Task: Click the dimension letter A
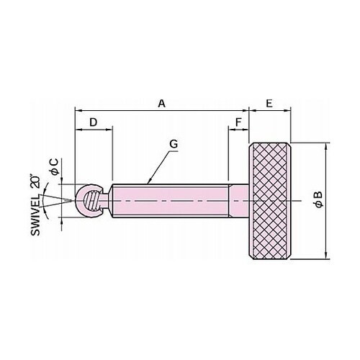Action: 162,104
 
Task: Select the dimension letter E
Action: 269,104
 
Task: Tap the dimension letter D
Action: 93,122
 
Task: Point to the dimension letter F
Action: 238,122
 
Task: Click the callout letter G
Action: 174,144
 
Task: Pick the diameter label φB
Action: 319,199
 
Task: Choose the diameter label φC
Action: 55,166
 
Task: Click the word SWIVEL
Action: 35,215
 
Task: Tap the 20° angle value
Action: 35,181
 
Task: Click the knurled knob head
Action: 270,201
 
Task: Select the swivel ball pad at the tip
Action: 89,201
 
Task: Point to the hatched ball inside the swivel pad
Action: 91,201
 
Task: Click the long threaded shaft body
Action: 171,201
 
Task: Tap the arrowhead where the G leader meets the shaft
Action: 149,182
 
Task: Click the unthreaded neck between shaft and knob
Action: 238,201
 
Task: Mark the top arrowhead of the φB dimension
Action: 325,145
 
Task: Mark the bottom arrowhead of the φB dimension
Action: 325,256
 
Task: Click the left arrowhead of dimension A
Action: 78,111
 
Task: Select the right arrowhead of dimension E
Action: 287,111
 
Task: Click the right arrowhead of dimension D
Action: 109,130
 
